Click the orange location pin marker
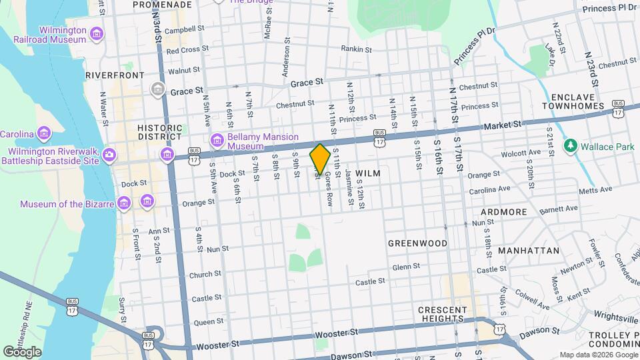tap(320, 159)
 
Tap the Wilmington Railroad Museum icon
tap(97, 33)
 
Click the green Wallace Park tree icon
tap(570, 145)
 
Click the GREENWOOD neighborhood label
tap(417, 243)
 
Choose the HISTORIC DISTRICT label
tap(159, 131)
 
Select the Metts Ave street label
tap(577, 189)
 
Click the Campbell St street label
tap(184, 29)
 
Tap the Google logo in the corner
tap(23, 351)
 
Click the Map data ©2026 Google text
tap(597, 355)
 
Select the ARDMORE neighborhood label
tap(504, 212)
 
